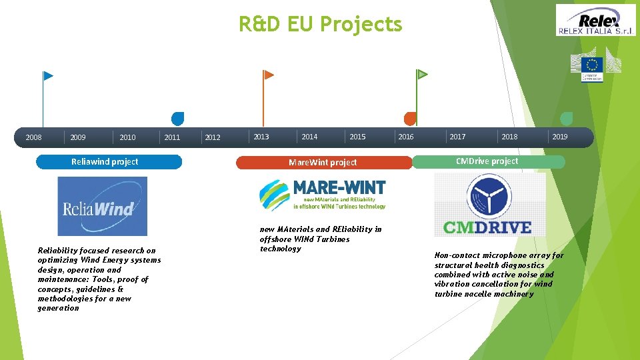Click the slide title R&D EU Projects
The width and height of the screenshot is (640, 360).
coord(321,25)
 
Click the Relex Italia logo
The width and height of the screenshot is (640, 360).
coord(595,19)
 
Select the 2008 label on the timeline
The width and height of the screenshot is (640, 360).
coord(33,138)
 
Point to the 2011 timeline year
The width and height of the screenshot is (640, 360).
coord(172,138)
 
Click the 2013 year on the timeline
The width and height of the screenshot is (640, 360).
coord(261,137)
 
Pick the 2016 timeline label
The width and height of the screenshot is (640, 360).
coord(405,137)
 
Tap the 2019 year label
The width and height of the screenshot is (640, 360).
coord(560,137)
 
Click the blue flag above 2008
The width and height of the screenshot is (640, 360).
coord(48,76)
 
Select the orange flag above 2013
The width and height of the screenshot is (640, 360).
coord(269,75)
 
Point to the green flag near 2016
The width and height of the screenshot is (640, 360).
coord(422,74)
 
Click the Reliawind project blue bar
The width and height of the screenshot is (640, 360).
coord(108,162)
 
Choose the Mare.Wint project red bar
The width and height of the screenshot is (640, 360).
coord(323,163)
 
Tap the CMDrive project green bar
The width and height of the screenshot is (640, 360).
coord(488,161)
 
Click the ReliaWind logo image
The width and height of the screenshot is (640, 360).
coord(102,206)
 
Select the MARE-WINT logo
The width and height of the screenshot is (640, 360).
coord(323,195)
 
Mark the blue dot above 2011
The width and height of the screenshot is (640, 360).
coord(177,119)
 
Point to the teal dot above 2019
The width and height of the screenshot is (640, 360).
coord(567,119)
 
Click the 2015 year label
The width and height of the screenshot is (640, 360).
coord(357,137)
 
